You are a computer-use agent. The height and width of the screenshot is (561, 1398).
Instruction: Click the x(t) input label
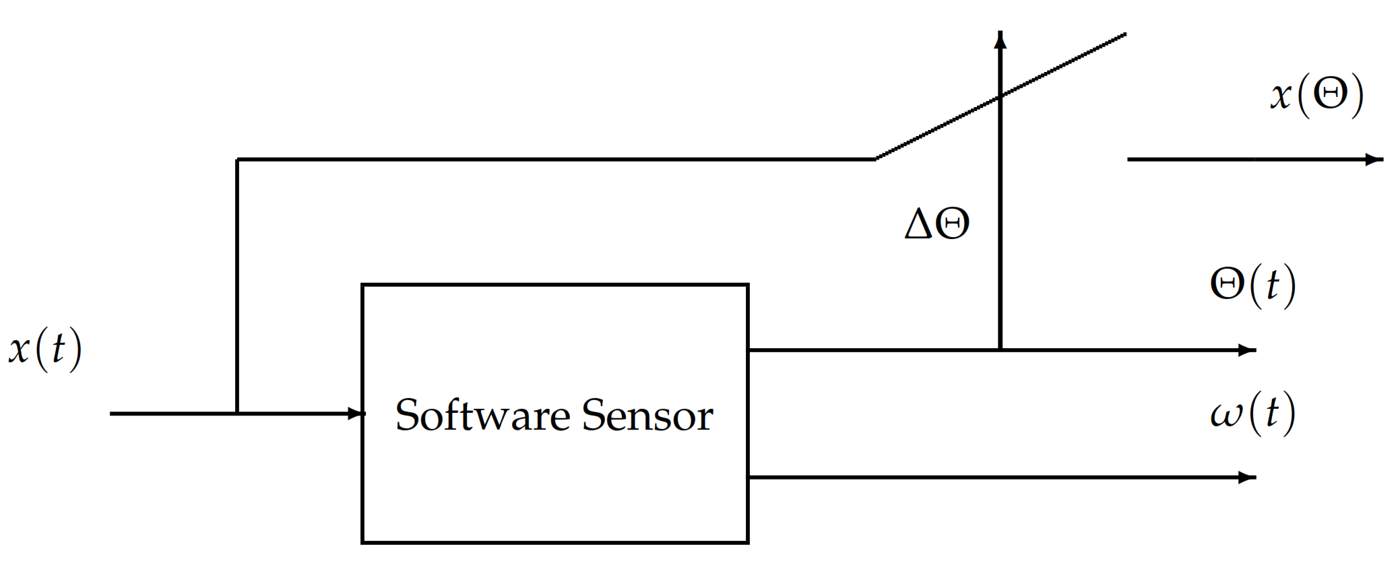[x=45, y=349]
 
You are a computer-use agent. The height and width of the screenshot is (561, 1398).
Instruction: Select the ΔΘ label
[x=936, y=224]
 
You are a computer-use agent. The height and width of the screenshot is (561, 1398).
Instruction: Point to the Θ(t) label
[x=1252, y=285]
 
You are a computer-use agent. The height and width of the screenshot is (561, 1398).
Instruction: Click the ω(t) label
[x=1252, y=413]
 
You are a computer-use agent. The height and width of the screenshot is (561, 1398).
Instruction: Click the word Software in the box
[x=482, y=415]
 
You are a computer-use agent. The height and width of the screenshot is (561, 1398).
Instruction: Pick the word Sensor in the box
[x=647, y=415]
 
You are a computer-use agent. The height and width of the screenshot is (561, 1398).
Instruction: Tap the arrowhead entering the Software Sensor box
[x=356, y=413]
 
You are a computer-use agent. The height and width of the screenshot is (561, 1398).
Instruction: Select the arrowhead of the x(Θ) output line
[x=1374, y=160]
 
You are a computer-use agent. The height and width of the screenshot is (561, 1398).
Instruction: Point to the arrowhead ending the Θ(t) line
[x=1247, y=350]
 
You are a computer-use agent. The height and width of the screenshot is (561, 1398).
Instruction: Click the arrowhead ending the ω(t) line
[x=1247, y=477]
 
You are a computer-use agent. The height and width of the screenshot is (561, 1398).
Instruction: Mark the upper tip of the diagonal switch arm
[x=1125, y=34]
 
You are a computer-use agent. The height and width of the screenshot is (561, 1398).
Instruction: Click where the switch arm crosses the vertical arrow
[x=1000, y=96]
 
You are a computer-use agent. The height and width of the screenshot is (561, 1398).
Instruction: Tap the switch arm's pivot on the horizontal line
[x=876, y=159]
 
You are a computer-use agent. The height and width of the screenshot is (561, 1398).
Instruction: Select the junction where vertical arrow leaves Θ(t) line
[x=1000, y=350]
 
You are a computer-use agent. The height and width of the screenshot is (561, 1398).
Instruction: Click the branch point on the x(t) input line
[x=237, y=413]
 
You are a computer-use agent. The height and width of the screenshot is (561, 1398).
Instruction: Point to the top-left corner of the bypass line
[x=237, y=160]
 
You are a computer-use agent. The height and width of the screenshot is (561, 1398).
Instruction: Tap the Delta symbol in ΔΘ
[x=919, y=224]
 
